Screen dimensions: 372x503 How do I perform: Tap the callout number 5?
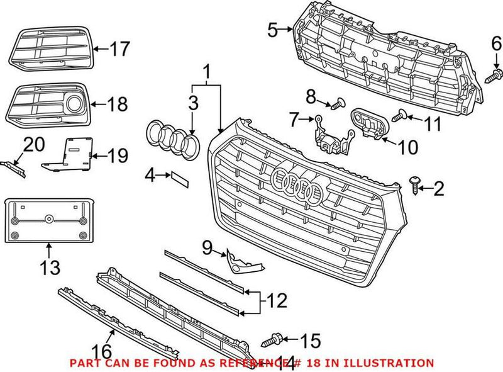tap(272, 29)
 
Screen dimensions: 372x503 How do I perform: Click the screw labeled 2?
tap(416, 185)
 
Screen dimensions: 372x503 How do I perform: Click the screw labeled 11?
tap(397, 115)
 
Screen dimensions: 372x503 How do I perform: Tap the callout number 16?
tap(102, 350)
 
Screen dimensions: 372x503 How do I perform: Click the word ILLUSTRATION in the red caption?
tap(395, 363)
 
